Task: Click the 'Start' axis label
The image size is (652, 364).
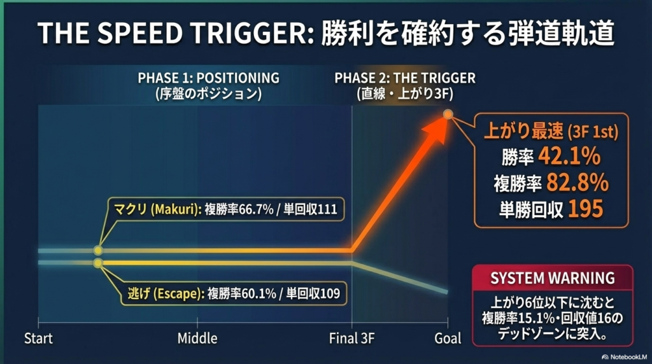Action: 38,339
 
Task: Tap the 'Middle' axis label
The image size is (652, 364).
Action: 197,339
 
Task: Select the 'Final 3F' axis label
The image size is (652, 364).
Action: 351,339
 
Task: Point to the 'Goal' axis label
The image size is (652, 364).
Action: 448,339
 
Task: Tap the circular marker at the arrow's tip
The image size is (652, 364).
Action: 448,114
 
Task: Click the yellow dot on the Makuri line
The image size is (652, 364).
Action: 97,250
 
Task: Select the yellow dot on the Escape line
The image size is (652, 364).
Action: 97,263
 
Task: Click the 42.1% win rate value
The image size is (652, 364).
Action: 569,157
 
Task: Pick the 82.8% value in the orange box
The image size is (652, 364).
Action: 577,183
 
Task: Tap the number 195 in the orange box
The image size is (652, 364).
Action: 586,209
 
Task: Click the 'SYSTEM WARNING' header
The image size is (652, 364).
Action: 553,278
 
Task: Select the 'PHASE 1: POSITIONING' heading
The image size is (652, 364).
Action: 209,78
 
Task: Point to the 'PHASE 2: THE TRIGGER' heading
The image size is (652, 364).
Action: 405,78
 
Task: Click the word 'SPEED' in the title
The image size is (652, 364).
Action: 140,33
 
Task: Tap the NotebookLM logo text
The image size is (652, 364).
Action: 628,357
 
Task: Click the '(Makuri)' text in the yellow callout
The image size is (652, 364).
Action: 176,209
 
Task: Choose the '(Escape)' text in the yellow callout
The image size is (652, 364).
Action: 179,294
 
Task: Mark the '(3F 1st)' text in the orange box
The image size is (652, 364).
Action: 593,132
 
